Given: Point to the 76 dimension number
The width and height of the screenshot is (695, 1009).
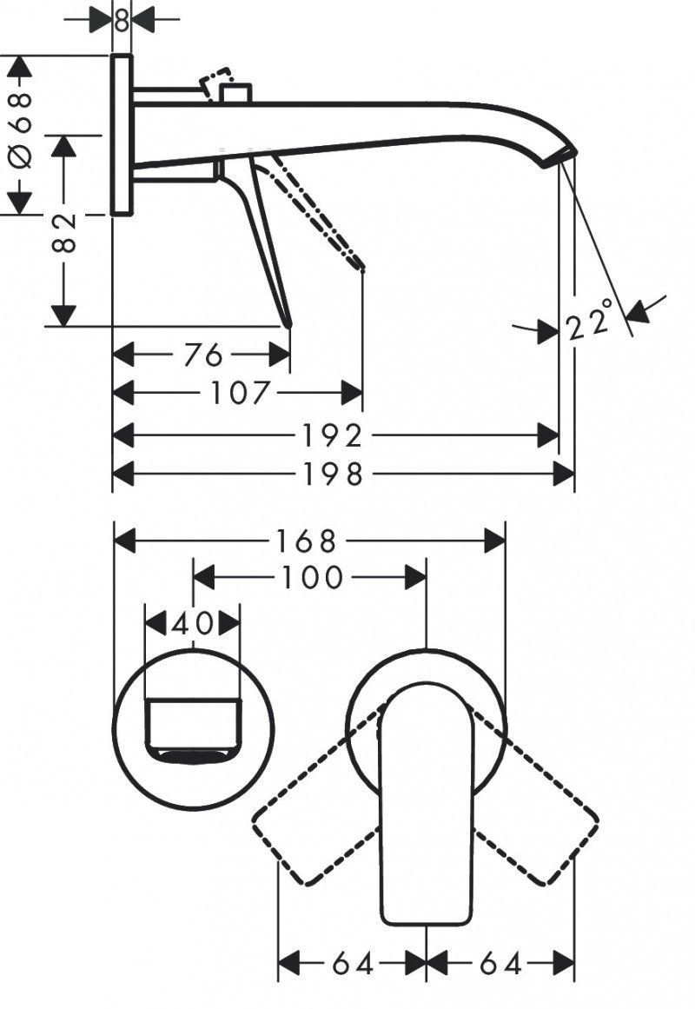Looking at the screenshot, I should pyautogui.click(x=204, y=355).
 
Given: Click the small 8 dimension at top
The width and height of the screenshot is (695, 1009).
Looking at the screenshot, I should pyautogui.click(x=122, y=18).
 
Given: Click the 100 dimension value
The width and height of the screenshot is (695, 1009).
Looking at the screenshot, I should pyautogui.click(x=311, y=577).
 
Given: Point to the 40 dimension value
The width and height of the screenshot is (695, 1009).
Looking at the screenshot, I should pyautogui.click(x=191, y=623).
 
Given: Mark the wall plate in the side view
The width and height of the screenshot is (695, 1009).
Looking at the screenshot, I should pyautogui.click(x=122, y=135).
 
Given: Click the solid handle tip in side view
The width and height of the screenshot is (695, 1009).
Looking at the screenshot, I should pyautogui.click(x=288, y=321).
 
